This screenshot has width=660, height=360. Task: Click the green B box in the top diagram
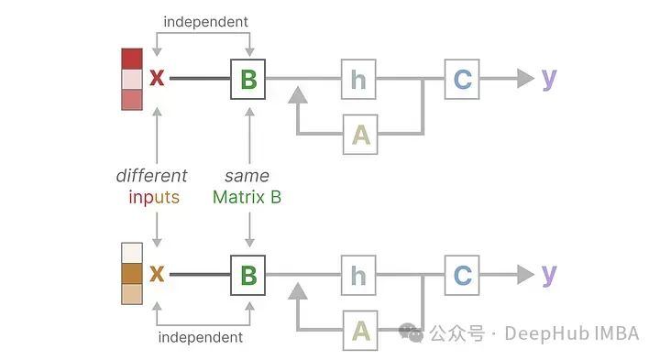tap(247, 79)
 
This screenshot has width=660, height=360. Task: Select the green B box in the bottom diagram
tap(247, 274)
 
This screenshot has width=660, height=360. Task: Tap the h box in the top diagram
tap(358, 79)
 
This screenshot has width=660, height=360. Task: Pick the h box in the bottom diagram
tap(358, 274)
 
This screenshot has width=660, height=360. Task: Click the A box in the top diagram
tap(360, 134)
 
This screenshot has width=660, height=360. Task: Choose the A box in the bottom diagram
tap(360, 329)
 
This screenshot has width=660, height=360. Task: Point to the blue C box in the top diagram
tap(462, 79)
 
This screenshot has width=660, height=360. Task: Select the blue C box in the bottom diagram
tap(462, 274)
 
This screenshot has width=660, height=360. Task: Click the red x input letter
tap(157, 79)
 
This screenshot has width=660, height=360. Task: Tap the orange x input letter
tap(157, 274)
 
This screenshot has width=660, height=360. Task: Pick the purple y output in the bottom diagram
tap(549, 273)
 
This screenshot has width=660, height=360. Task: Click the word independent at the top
tap(205, 21)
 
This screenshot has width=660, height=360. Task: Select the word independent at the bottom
tap(201, 337)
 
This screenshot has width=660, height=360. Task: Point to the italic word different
tap(151, 176)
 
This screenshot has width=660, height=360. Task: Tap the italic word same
tap(247, 176)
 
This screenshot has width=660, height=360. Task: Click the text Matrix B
tap(247, 197)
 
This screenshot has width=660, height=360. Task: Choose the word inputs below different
tap(154, 197)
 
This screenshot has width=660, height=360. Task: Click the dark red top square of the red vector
tap(132, 59)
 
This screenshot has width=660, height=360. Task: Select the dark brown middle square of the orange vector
tap(132, 274)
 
